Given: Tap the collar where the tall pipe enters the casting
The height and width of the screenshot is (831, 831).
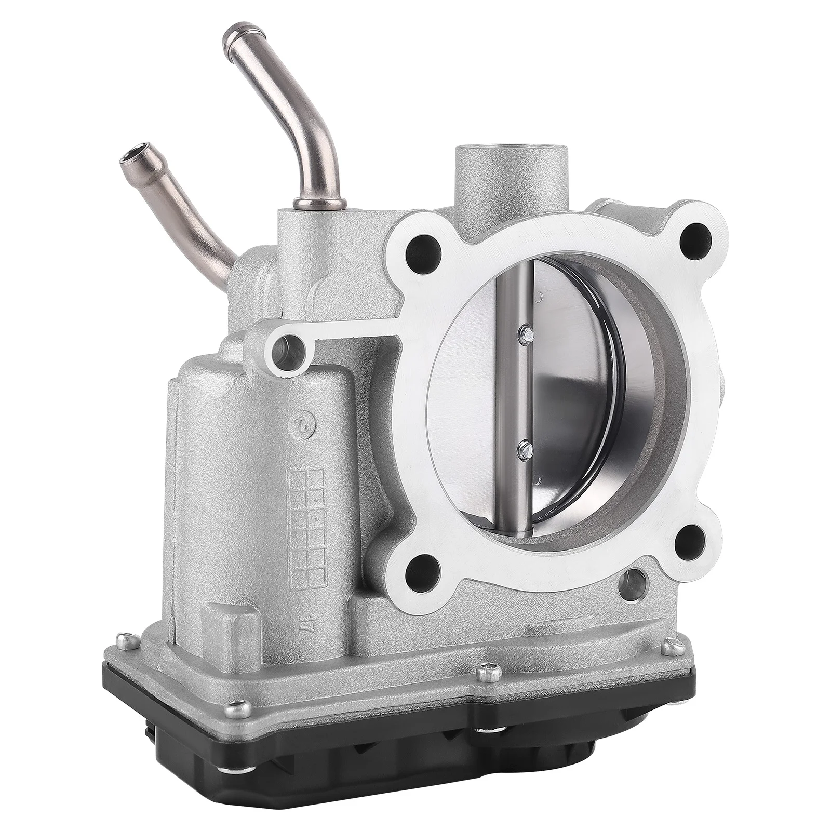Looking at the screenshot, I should pyautogui.click(x=306, y=203).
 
